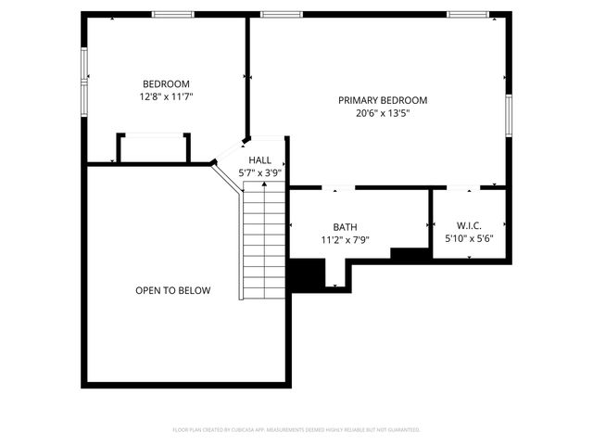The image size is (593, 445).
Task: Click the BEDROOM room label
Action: (x=166, y=83)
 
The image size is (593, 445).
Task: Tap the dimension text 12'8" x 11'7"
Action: (x=166, y=95)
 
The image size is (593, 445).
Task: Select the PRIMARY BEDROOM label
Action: (x=383, y=100)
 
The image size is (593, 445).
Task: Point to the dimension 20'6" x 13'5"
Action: (x=383, y=113)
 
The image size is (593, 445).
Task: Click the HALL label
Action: (x=259, y=160)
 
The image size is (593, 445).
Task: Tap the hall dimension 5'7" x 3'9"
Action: (x=259, y=172)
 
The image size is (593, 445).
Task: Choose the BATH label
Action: (x=345, y=227)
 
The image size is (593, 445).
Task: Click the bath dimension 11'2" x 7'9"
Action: (x=345, y=240)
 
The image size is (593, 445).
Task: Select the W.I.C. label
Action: (x=469, y=225)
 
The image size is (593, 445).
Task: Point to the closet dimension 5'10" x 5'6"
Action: (x=469, y=238)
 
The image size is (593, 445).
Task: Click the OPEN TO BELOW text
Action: (x=172, y=290)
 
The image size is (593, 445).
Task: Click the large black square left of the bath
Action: (x=307, y=274)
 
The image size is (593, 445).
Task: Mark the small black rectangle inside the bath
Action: (x=408, y=253)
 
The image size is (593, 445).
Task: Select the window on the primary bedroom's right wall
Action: (x=508, y=115)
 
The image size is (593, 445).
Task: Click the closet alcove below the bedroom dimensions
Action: (x=153, y=148)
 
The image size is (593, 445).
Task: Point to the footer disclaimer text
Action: (x=296, y=430)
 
